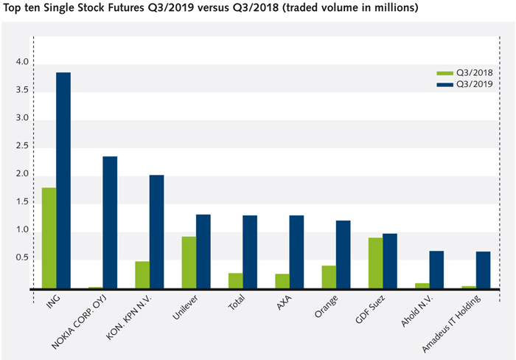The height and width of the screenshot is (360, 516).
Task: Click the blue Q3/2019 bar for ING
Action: tap(63, 180)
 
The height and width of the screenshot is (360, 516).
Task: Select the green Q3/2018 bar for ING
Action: tap(49, 238)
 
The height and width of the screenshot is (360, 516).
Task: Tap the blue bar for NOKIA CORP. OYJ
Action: tap(110, 222)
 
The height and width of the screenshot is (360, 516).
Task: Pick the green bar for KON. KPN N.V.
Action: tap(142, 274)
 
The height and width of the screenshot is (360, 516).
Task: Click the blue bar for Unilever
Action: tap(203, 251)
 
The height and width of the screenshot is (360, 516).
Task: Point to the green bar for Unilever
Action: tap(189, 262)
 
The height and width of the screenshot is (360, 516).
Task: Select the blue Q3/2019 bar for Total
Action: tap(250, 252)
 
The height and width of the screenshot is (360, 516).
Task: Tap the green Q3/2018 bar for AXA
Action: tap(282, 280)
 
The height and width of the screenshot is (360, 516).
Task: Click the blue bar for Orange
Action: tap(343, 254)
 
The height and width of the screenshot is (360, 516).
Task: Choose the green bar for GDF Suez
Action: tap(375, 263)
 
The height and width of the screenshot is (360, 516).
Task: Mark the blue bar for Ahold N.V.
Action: tap(436, 269)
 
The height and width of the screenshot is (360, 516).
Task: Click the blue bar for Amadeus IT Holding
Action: tap(483, 269)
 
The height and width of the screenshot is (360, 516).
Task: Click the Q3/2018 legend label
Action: tap(475, 73)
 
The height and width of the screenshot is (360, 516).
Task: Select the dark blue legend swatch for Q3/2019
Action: tap(444, 85)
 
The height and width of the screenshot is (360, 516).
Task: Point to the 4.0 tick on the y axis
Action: tap(22, 62)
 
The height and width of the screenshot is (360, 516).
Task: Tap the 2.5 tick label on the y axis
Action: tap(22, 146)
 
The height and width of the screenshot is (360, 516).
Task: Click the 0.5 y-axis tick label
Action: tap(22, 257)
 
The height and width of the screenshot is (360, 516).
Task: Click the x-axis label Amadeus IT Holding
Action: tap(453, 323)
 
